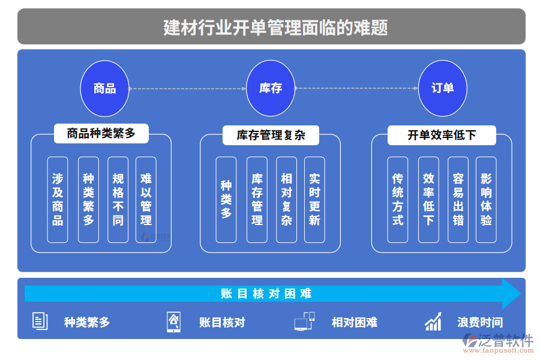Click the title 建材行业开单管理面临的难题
click(x=271, y=27)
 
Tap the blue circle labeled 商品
click(x=105, y=88)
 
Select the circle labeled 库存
click(x=271, y=88)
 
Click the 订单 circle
click(x=442, y=88)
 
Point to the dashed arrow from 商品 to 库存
click(x=188, y=89)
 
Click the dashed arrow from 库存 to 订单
click(x=356, y=88)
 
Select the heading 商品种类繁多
click(x=101, y=133)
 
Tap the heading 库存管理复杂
click(x=271, y=135)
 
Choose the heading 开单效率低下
click(x=442, y=135)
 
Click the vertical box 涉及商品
click(x=58, y=200)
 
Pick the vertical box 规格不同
click(x=118, y=200)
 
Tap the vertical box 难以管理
click(x=146, y=200)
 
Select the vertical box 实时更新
click(x=314, y=200)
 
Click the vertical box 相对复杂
click(x=286, y=200)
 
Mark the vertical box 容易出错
click(x=458, y=200)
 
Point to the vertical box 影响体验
click(x=486, y=200)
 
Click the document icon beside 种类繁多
click(x=40, y=322)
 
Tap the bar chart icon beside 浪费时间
click(x=433, y=322)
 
